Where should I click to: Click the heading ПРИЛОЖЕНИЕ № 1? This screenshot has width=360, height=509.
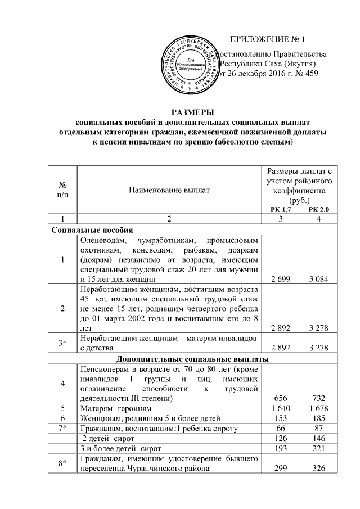click(x=268, y=39)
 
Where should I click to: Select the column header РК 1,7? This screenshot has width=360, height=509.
click(x=282, y=210)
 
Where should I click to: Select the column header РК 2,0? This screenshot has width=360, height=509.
click(x=319, y=210)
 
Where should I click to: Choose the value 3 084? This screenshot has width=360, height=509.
click(x=319, y=279)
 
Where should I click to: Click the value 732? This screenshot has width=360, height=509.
click(x=319, y=398)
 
